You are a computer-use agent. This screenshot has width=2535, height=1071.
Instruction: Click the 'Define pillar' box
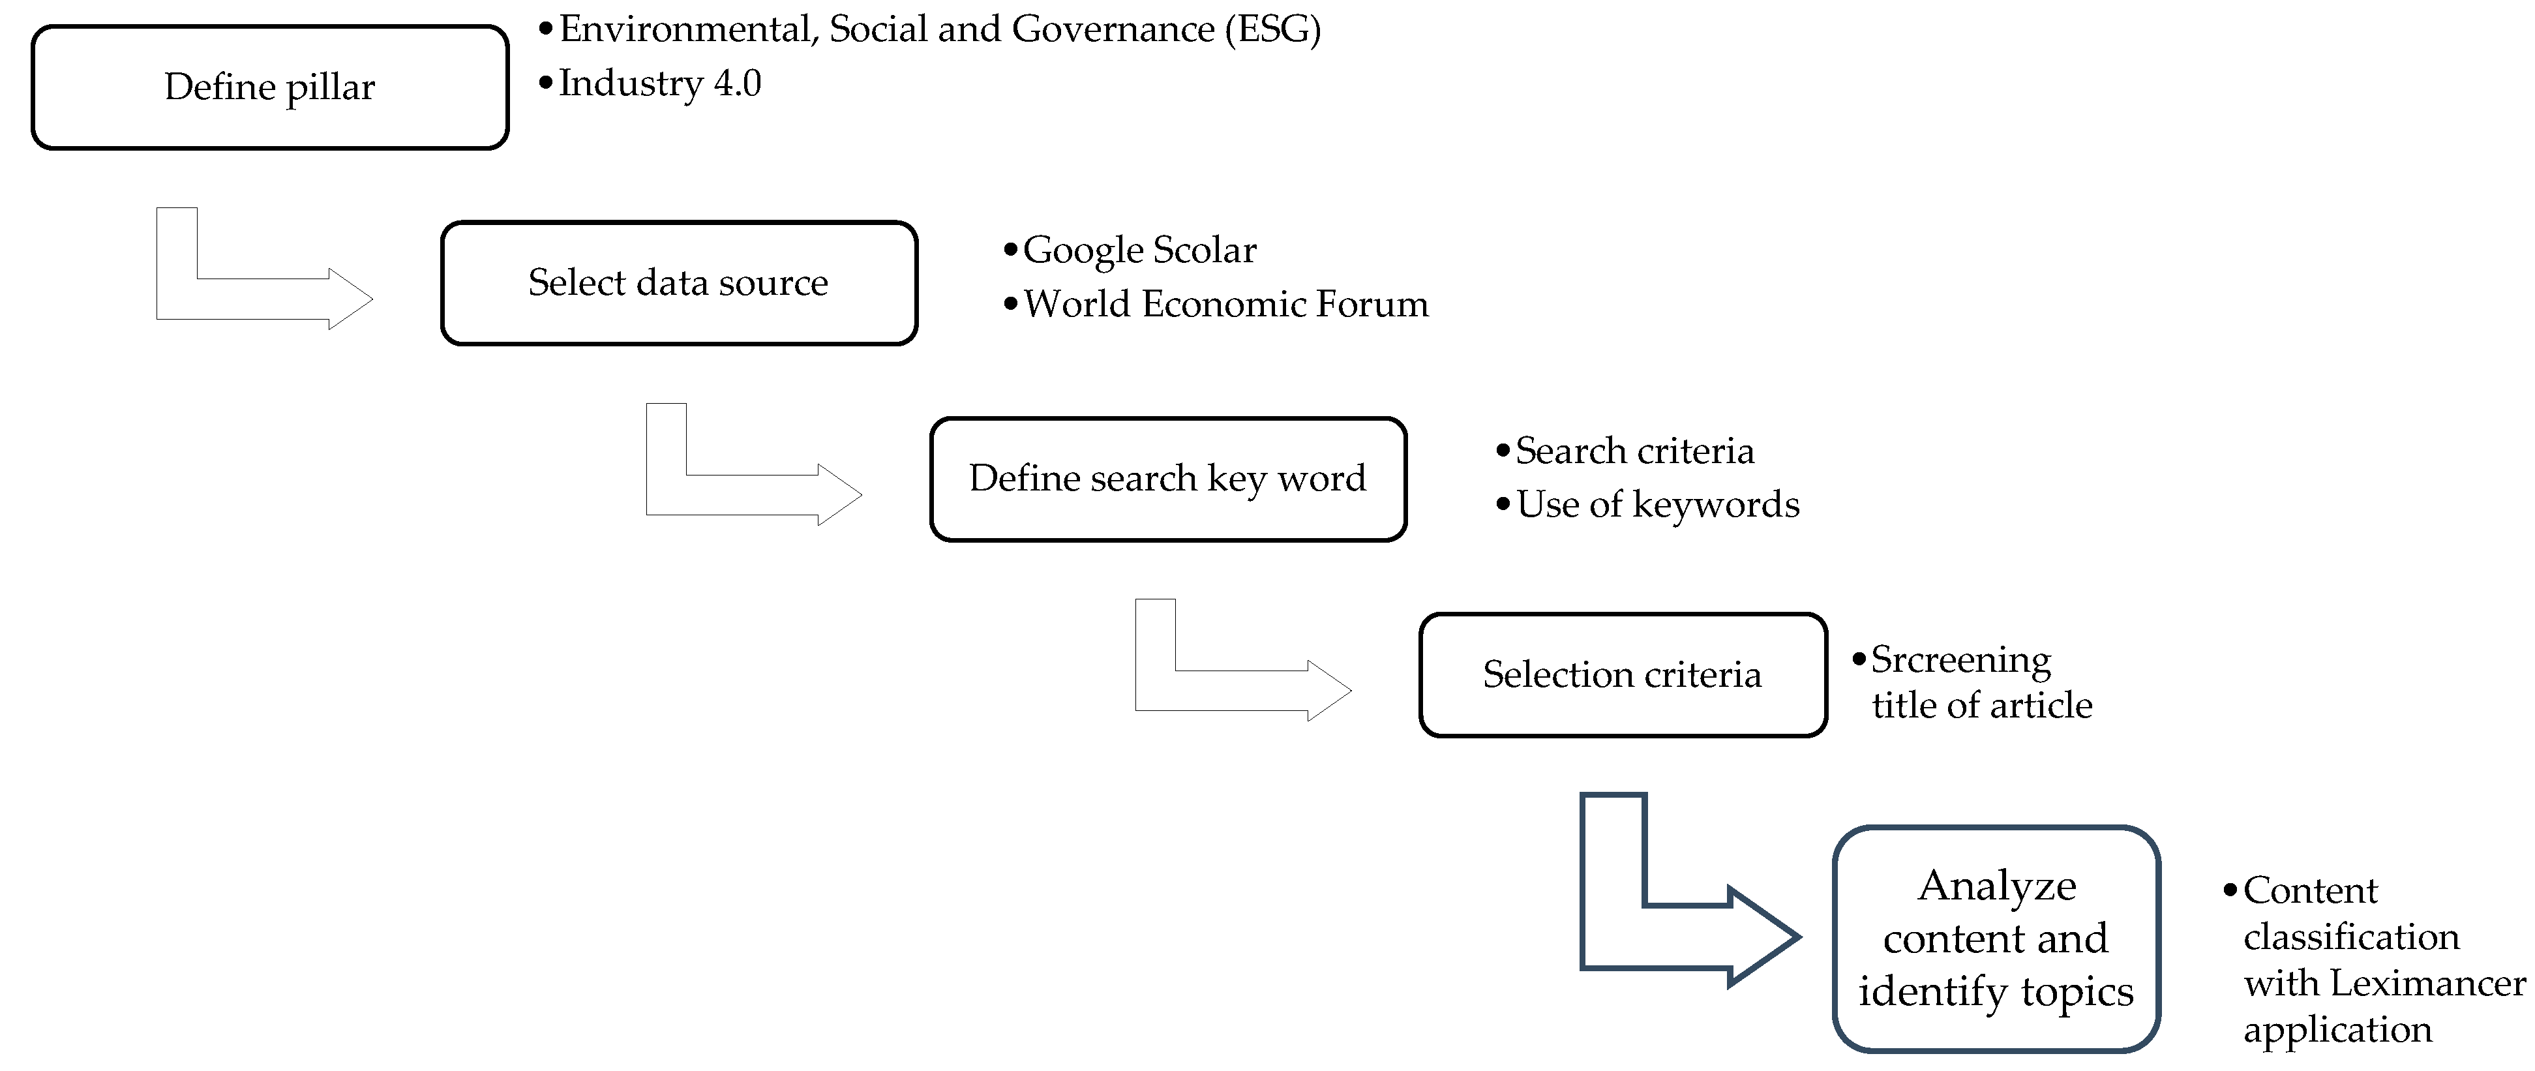269,87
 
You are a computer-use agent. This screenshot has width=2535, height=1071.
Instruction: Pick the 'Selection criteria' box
1623,675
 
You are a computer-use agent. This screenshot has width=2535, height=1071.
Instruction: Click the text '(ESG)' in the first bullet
1272,29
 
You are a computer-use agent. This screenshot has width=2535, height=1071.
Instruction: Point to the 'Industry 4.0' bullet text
659,83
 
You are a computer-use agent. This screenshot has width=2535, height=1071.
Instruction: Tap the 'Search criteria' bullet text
1634,451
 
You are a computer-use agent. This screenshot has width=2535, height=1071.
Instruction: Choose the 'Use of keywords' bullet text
1657,505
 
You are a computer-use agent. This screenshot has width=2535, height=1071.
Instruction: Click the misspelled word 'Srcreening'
1960,659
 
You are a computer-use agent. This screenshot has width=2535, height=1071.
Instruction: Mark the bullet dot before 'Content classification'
2230,890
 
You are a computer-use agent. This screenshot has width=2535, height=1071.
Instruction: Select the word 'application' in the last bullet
2337,1030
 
